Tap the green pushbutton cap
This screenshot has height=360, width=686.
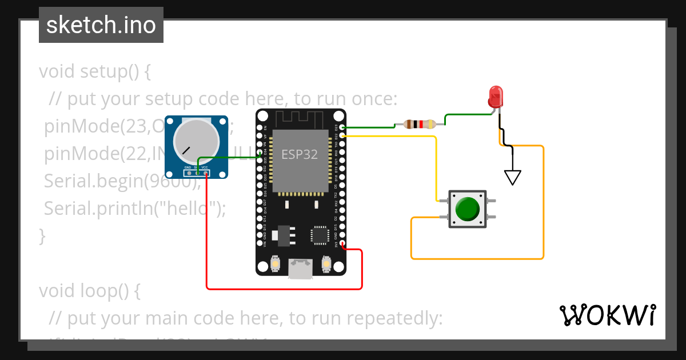(x=468, y=209)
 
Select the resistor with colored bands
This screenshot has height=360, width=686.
(x=420, y=124)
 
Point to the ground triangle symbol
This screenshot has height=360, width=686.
(x=513, y=178)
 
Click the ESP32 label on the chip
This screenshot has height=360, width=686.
(x=299, y=155)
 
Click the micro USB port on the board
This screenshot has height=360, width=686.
(x=301, y=269)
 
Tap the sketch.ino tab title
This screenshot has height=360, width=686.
(x=101, y=25)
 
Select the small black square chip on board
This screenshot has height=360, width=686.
(x=319, y=235)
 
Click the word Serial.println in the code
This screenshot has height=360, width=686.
(x=103, y=208)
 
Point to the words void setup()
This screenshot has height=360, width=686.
(x=94, y=72)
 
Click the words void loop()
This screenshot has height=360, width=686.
(x=89, y=291)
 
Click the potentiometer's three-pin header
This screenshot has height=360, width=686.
(x=197, y=173)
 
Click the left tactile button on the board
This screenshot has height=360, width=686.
(x=276, y=264)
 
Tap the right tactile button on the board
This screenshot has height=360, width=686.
(x=326, y=264)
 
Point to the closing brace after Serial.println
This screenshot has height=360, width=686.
(x=41, y=235)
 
